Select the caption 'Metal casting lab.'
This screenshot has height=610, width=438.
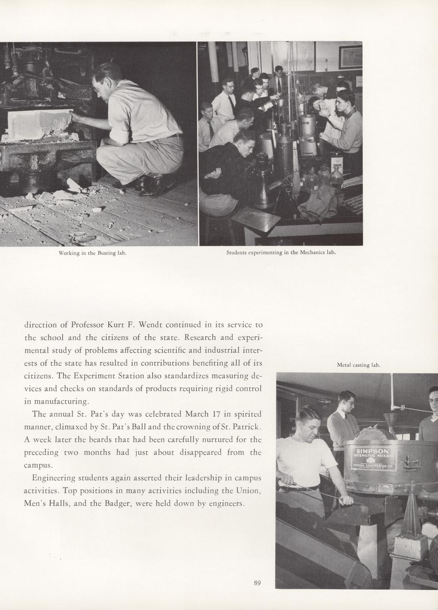coord(358,365)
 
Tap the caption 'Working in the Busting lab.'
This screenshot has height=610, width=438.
coord(93,253)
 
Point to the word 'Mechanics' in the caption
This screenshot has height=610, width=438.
coord(307,253)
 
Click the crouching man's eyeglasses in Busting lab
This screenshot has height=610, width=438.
coord(97,89)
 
